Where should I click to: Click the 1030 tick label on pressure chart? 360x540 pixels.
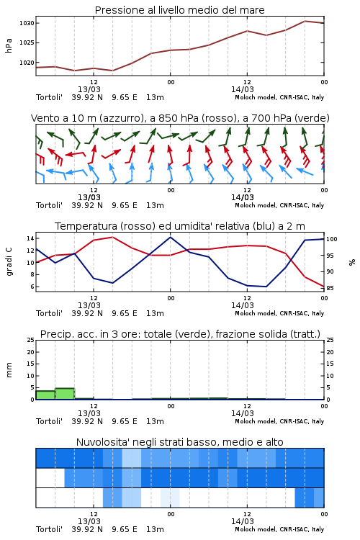pyautogui.click(x=27, y=24)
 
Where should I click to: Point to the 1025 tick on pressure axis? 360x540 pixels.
pyautogui.click(x=27, y=43)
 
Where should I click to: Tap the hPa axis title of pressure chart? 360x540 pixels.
pyautogui.click(x=9, y=45)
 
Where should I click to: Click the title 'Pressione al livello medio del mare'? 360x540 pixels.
pyautogui.click(x=180, y=10)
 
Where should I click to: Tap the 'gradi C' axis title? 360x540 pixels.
pyautogui.click(x=9, y=262)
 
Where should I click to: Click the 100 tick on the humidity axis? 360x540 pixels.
pyautogui.click(x=332, y=239)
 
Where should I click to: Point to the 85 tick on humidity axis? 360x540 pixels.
pyautogui.click(x=330, y=288)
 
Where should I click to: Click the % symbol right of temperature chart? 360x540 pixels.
pyautogui.click(x=352, y=262)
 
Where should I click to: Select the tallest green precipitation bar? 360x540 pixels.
pyautogui.click(x=65, y=394)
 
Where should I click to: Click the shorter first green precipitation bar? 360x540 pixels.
pyautogui.click(x=45, y=395)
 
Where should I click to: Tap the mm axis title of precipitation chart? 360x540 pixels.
pyautogui.click(x=9, y=370)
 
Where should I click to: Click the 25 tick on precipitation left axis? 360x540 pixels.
pyautogui.click(x=31, y=341)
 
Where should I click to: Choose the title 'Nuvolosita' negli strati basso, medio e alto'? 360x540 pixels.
pyautogui.click(x=180, y=442)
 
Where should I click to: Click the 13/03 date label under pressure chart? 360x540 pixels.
pyautogui.click(x=89, y=89)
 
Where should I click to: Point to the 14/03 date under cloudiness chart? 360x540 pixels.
pyautogui.click(x=243, y=521)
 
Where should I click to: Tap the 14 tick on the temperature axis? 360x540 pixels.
pyautogui.click(x=30, y=238)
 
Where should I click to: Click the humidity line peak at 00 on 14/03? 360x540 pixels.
pyautogui.click(x=170, y=237)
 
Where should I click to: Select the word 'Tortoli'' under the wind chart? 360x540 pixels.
pyautogui.click(x=49, y=206)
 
